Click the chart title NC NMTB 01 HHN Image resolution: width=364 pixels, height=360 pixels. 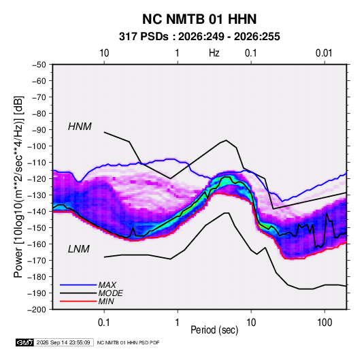click(x=199, y=19)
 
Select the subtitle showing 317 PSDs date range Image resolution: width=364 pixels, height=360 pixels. click(x=199, y=37)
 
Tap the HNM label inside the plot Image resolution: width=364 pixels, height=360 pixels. click(x=80, y=127)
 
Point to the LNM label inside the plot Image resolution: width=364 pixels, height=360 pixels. click(x=79, y=249)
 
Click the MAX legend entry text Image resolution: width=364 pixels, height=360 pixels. click(x=107, y=285)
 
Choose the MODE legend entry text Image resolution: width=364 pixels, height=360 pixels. click(x=110, y=293)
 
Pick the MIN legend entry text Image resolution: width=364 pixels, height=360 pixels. click(x=106, y=301)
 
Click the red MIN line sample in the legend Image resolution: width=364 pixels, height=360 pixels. click(x=78, y=301)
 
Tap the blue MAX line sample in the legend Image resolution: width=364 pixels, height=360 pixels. click(x=78, y=285)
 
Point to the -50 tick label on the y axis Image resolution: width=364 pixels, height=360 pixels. click(x=39, y=65)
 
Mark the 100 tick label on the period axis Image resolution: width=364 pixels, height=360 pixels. click(x=325, y=323)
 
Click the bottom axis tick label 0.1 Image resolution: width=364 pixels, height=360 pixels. click(x=104, y=323)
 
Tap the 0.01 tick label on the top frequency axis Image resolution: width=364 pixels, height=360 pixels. click(x=324, y=53)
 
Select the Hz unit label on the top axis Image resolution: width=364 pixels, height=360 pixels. click(x=214, y=53)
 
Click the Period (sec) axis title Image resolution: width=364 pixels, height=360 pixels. click(x=214, y=330)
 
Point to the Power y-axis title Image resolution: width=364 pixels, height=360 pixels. click(x=18, y=187)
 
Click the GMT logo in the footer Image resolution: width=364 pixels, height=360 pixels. click(x=24, y=342)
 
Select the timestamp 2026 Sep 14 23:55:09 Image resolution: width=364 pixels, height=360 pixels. click(x=63, y=342)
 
